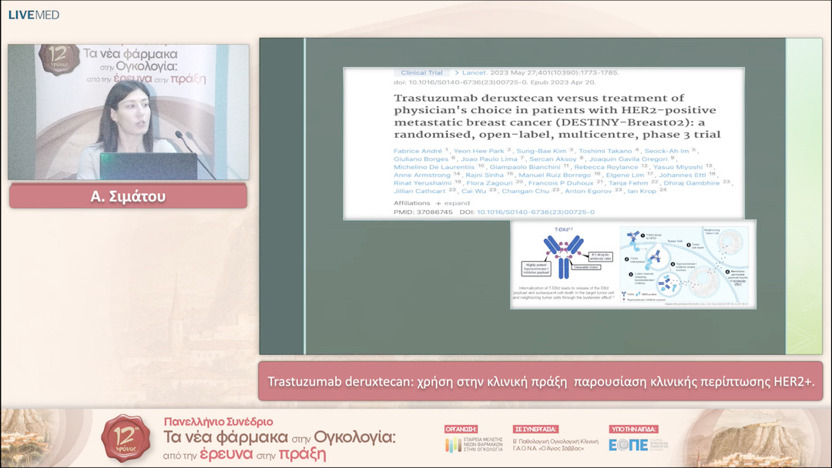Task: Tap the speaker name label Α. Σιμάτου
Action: (128, 197)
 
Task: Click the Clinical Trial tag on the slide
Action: (421, 73)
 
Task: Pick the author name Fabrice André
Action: (418, 150)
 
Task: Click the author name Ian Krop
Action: (642, 190)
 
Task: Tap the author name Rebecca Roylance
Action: (613, 165)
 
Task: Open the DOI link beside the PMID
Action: (535, 212)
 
